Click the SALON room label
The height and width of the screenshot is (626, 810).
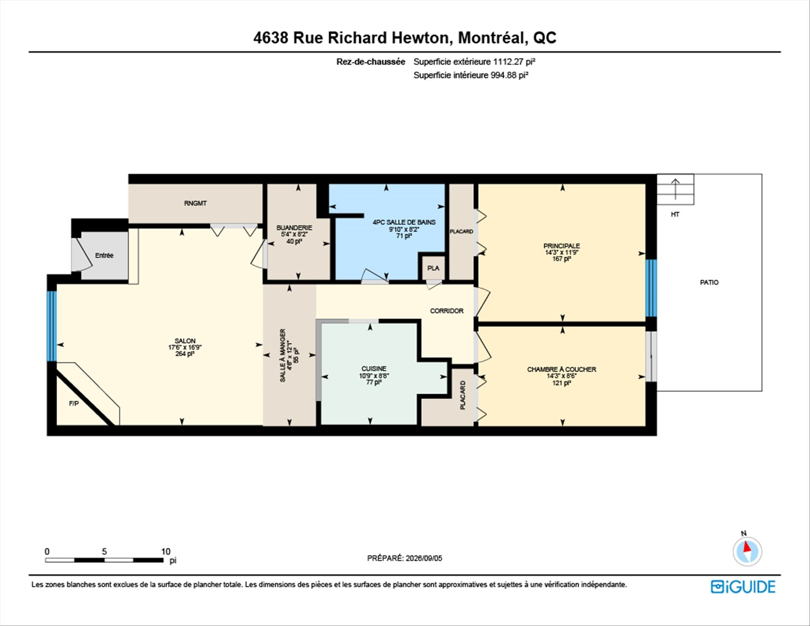tap(185, 341)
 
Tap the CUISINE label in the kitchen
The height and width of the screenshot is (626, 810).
tap(374, 369)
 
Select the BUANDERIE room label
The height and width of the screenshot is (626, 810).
tap(294, 228)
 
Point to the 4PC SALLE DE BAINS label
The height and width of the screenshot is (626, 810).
tap(404, 222)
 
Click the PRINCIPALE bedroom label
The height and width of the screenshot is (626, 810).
tap(562, 246)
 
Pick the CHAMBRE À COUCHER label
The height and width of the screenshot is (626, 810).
tap(562, 369)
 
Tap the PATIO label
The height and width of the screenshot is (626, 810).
tap(709, 282)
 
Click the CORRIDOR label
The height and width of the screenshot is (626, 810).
tap(447, 311)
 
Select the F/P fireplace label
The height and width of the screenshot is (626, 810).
tap(74, 404)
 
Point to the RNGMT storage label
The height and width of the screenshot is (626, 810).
tap(195, 203)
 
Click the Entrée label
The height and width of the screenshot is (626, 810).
tap(104, 255)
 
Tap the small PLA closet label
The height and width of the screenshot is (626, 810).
tap(433, 268)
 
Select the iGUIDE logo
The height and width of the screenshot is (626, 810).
tap(743, 587)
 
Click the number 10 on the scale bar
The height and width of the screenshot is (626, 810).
tap(166, 551)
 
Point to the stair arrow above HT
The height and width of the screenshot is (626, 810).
tap(675, 189)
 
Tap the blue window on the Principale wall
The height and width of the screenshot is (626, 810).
tap(651, 288)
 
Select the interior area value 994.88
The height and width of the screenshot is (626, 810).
tap(503, 75)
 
